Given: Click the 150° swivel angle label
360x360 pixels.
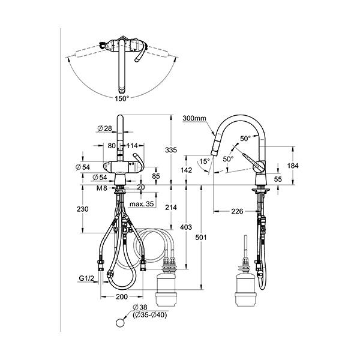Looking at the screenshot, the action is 122,99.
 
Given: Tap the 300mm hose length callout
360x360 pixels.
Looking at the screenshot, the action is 194,118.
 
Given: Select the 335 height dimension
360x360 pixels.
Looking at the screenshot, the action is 171,150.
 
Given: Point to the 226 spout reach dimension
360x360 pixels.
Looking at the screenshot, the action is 237,211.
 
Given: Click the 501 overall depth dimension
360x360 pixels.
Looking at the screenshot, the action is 201,238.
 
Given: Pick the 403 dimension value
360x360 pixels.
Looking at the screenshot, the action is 186,227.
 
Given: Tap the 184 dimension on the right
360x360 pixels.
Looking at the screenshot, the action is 293,166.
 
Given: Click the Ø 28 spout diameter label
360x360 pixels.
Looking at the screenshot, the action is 104,128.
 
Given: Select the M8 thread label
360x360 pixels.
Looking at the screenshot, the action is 102,188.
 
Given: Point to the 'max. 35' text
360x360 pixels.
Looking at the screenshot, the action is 142,203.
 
